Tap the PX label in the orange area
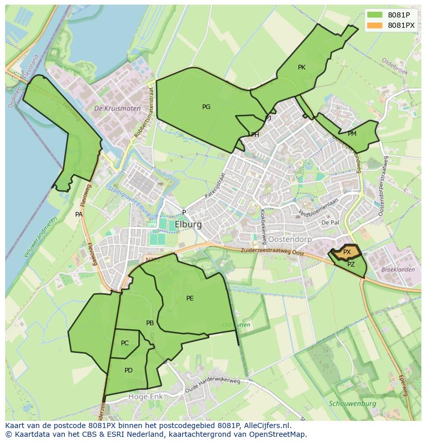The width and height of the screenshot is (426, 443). tap(347, 252)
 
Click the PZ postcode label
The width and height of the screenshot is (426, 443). tap(351, 264)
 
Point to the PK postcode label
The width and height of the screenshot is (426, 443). tap(301, 67)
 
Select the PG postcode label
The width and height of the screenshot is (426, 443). tap(206, 107)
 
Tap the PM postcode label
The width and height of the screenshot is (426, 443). tap(352, 134)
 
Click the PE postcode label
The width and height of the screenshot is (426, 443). tap(190, 298)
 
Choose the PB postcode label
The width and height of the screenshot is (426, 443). tap(150, 323)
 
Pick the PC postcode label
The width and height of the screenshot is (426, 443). tap(125, 343)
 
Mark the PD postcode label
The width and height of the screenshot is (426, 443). tap(129, 370)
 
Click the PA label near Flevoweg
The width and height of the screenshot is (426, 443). tap(79, 215)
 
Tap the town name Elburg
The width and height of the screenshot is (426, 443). tap(188, 225)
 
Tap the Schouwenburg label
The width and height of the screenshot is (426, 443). tap(352, 404)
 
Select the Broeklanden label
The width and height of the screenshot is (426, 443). tap(398, 270)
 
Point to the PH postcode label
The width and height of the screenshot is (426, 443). tap(255, 135)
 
